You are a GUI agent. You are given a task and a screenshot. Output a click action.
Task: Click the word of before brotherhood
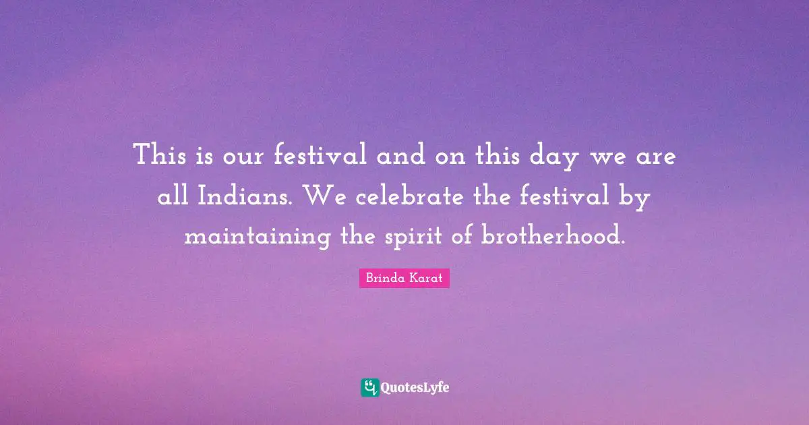[465, 237]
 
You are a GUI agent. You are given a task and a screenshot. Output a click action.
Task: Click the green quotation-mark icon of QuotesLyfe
[369, 387]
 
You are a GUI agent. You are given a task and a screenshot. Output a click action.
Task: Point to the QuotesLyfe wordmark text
[415, 388]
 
